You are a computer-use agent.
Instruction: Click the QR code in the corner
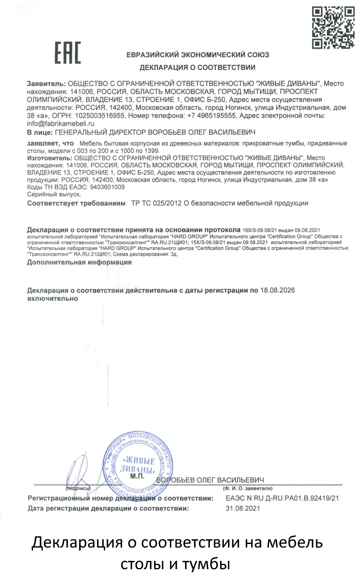coord(333,28)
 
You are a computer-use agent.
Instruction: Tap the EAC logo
coord(68,53)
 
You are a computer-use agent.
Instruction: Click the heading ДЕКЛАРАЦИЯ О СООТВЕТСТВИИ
coord(197,67)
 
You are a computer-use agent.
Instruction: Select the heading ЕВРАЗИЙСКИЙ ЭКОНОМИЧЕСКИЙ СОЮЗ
coord(198,55)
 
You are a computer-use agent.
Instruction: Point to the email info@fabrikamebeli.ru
coord(60,123)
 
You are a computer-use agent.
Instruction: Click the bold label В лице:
coord(40,132)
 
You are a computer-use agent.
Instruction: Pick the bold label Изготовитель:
coord(50,158)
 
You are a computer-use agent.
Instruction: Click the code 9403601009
coord(107,187)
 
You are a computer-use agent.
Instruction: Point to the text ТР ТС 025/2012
coord(156,203)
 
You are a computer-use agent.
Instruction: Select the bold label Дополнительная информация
coord(79,262)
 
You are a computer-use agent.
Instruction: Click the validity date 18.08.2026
coord(277,290)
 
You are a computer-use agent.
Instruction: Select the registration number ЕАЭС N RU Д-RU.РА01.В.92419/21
coord(282,498)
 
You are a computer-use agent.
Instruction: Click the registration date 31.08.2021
coord(243,508)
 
